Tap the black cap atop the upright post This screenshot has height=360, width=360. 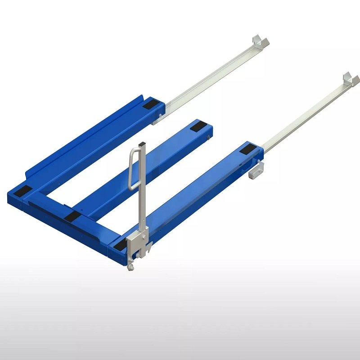pyautogui.click(x=143, y=144)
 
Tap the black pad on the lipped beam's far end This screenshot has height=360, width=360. pyautogui.click(x=150, y=106)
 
